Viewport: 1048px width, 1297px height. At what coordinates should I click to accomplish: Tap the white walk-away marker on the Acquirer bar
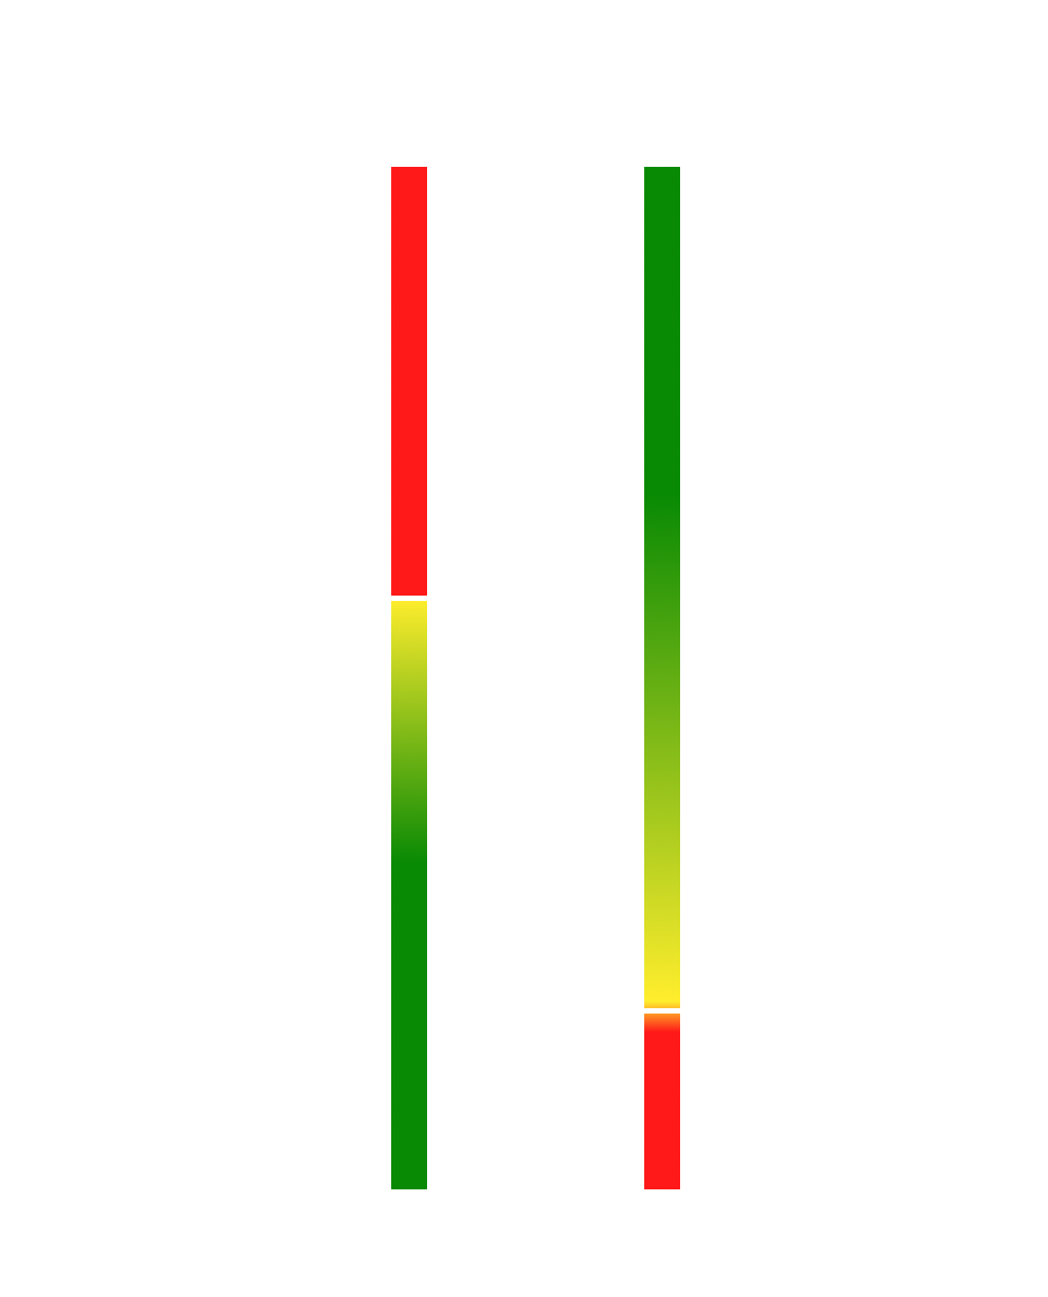(404, 597)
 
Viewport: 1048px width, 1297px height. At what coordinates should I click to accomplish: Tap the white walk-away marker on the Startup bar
(668, 1011)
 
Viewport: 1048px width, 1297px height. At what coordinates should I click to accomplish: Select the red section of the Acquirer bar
(409, 377)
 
